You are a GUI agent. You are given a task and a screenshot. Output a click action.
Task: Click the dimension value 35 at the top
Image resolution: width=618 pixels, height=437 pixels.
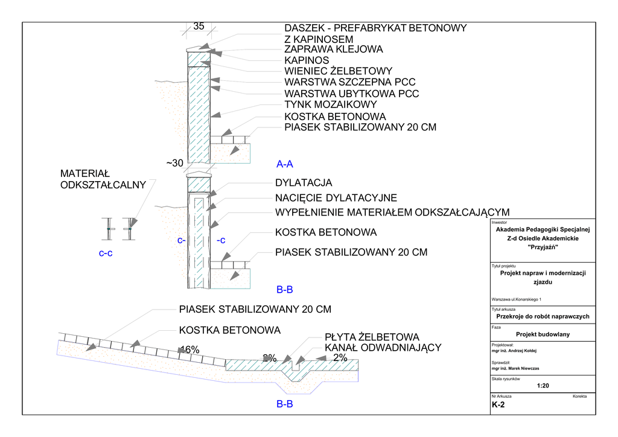coord(199,27)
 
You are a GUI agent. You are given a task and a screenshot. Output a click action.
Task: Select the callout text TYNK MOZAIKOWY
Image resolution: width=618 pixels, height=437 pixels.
coord(331,104)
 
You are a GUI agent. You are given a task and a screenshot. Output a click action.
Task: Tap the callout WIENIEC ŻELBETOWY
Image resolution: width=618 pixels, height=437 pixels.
coord(339,71)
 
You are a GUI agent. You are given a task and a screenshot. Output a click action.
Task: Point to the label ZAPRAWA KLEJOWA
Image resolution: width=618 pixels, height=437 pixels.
coord(334,49)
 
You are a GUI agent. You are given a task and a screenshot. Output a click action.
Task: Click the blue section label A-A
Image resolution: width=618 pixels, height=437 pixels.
coord(285,164)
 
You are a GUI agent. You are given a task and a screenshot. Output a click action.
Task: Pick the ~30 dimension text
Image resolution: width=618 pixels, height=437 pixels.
coord(174,163)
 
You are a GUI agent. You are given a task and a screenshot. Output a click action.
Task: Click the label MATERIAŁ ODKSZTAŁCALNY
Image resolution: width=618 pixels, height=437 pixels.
coord(103,179)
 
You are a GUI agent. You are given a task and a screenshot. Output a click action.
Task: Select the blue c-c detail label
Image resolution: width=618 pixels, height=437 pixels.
coord(106,254)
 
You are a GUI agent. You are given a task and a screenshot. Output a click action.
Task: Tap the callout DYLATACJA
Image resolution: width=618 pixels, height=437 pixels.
coord(304,183)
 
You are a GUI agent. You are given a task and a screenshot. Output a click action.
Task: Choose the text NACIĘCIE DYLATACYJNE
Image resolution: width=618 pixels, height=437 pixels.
coord(336,198)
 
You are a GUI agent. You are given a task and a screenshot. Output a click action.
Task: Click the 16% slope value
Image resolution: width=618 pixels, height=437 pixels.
coord(190,350)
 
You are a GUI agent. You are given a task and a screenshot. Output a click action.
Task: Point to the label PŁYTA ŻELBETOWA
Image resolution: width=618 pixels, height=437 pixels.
coord(372,337)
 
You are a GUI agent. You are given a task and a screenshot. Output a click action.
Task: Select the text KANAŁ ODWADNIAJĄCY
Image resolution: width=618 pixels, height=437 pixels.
coord(383,348)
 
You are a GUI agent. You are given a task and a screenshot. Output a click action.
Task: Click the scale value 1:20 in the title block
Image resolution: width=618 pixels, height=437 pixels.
coord(543,386)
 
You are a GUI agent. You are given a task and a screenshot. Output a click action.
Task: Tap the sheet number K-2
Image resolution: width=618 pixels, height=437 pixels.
coord(498,405)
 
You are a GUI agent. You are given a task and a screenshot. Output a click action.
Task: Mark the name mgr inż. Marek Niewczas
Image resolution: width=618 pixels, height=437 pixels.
coord(515,369)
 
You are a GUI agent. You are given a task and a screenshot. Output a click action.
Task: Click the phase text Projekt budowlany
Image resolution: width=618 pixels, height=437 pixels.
coord(543,334)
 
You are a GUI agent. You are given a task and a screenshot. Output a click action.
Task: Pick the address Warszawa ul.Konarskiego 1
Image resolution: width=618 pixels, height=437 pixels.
coord(517,299)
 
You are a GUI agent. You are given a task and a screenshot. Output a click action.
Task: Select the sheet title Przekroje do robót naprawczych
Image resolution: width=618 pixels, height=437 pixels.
coord(543,316)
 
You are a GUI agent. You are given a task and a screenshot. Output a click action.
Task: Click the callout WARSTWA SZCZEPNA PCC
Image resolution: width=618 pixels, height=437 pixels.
coord(350,82)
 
